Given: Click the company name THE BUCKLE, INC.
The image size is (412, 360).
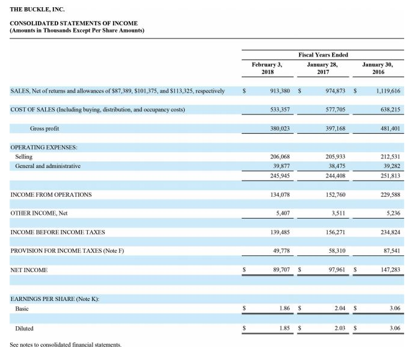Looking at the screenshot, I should click(x=37, y=10).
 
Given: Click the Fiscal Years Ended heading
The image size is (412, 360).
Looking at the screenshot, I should click(x=323, y=55).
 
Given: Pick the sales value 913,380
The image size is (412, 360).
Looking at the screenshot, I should click(x=278, y=91).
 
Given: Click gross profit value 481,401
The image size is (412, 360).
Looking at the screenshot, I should click(x=387, y=128).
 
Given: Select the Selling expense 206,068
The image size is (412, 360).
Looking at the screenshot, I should click(x=278, y=157).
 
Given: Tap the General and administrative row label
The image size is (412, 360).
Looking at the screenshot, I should click(x=48, y=166).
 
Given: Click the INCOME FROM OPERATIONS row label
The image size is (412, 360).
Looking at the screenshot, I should click(x=51, y=194).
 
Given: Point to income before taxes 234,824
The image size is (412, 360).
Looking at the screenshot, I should click(x=387, y=232).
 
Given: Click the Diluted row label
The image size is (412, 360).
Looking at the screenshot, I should click(x=24, y=328).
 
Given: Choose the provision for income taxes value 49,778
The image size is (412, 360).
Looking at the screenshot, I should click(x=280, y=250).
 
